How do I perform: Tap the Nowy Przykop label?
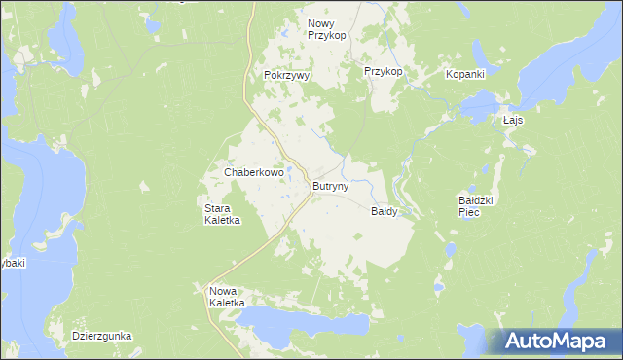[x=327, y=29]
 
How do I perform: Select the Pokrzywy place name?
[x=286, y=75]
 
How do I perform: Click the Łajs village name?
[x=513, y=120]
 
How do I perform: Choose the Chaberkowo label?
[x=253, y=172]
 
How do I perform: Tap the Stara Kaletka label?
[x=222, y=214]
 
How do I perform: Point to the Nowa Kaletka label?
[x=230, y=297]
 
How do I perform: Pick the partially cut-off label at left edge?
[x=12, y=263]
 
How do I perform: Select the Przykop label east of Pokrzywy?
[x=383, y=72]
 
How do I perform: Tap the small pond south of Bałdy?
[x=440, y=288]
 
